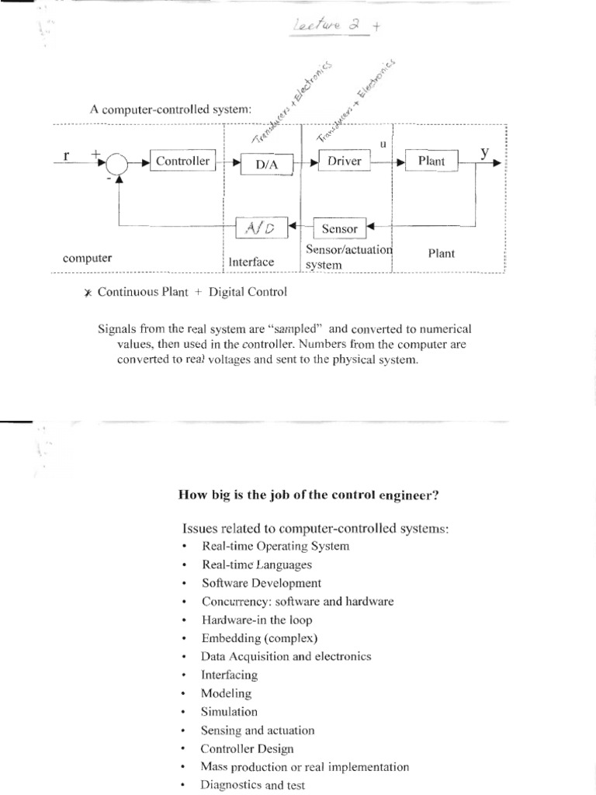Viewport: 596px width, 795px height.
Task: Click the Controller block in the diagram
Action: [x=182, y=161]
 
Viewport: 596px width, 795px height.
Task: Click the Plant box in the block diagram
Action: [x=431, y=161]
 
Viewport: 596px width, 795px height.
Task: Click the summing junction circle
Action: [x=119, y=163]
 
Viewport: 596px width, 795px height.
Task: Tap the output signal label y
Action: [x=485, y=152]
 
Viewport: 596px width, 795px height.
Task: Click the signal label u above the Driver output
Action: [x=383, y=144]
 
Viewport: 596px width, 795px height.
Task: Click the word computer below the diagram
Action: [x=88, y=258]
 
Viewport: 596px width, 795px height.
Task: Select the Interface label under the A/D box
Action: [x=251, y=262]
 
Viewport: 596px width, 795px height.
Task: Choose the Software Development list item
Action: [x=261, y=582]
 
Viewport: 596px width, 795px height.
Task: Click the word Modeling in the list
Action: [x=226, y=693]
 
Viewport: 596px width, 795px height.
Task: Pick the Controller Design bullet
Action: [x=247, y=748]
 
